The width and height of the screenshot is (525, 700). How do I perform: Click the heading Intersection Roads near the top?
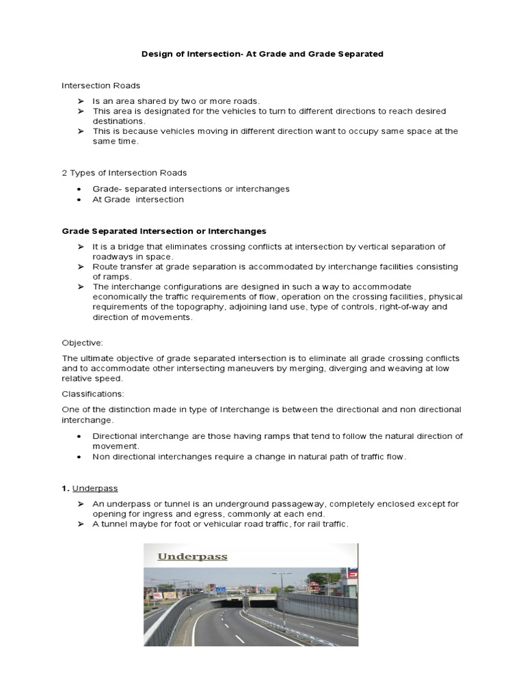100,85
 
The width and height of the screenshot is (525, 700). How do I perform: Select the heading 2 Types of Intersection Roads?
124,173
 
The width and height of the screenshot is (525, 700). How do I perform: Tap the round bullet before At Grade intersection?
80,200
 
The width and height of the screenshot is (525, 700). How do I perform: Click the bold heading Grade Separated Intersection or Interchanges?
164,231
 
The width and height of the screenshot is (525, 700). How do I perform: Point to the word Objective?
82,342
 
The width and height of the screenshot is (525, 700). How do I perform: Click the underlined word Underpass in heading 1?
95,488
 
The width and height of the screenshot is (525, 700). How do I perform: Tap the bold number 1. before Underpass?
66,488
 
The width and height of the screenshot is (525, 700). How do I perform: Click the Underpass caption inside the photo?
192,556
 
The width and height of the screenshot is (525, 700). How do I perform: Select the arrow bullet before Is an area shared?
80,100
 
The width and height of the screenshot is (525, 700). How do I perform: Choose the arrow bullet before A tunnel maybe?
80,524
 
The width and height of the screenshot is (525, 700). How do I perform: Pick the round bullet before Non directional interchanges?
80,457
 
